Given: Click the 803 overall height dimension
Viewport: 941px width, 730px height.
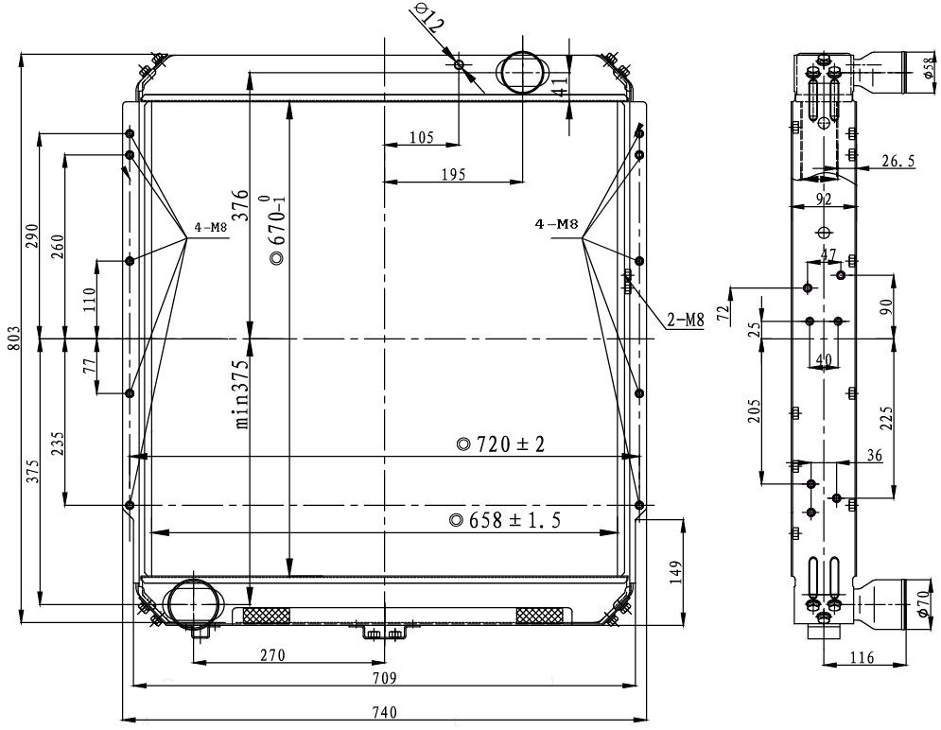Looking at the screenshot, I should tap(13, 339).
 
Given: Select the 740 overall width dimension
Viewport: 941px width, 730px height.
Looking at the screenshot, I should tap(384, 712).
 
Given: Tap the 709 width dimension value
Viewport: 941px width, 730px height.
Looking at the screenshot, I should tap(384, 678).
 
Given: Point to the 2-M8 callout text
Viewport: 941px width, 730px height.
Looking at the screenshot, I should tap(686, 321).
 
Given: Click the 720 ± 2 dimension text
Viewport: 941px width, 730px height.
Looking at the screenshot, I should tap(501, 443).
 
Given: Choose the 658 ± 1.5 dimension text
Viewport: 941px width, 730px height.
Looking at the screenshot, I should tap(506, 520).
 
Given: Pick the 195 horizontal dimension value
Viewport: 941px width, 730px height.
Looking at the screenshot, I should tap(453, 174).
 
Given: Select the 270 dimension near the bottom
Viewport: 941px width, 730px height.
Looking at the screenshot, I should tap(272, 654).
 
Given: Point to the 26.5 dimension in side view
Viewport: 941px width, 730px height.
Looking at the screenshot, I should tap(897, 162).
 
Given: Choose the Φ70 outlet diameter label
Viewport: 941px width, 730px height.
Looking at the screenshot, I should tap(924, 602).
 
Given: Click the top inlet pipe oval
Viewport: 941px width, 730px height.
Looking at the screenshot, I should tap(522, 71).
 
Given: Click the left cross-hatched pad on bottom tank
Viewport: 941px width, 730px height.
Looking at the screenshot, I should tap(269, 617).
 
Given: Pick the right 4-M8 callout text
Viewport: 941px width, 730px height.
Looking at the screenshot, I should tap(555, 225).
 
